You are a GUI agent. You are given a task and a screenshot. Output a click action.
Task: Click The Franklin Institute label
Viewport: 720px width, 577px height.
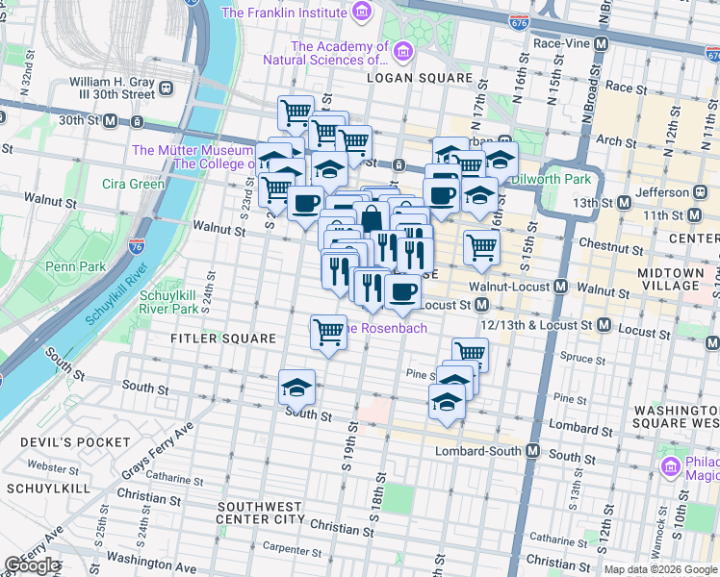click(283, 13)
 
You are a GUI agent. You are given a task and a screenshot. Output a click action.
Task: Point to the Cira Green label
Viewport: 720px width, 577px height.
click(133, 184)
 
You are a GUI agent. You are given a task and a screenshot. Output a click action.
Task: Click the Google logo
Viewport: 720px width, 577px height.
click(32, 565)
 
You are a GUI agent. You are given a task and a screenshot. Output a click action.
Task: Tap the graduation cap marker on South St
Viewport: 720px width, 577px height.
click(296, 387)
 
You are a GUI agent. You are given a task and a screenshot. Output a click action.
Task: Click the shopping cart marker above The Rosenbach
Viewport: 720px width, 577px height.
click(328, 332)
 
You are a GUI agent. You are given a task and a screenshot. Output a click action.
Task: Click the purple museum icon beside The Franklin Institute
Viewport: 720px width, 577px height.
click(361, 12)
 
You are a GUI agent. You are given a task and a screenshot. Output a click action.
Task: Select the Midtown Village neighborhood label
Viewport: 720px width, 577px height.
click(670, 280)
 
